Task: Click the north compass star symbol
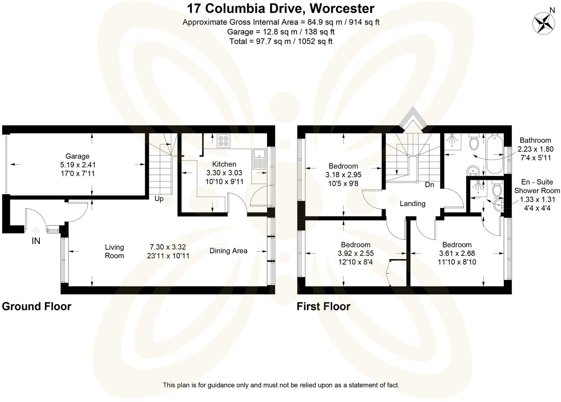coord(543,23)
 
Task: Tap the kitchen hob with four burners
coord(223,141)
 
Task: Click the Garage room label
coord(77,156)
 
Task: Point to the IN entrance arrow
coord(36,231)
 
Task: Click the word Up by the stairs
coord(159,199)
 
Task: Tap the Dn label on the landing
coord(429,185)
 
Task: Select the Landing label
coord(412,204)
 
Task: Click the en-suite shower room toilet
coord(497,189)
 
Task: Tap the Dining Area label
coord(228,251)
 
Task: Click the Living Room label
coord(114,251)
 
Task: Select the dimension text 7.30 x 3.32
coord(168,247)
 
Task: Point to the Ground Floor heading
coord(36,306)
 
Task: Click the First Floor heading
coord(323,306)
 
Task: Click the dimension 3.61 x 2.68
coord(457,253)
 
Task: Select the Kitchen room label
coord(224,164)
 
